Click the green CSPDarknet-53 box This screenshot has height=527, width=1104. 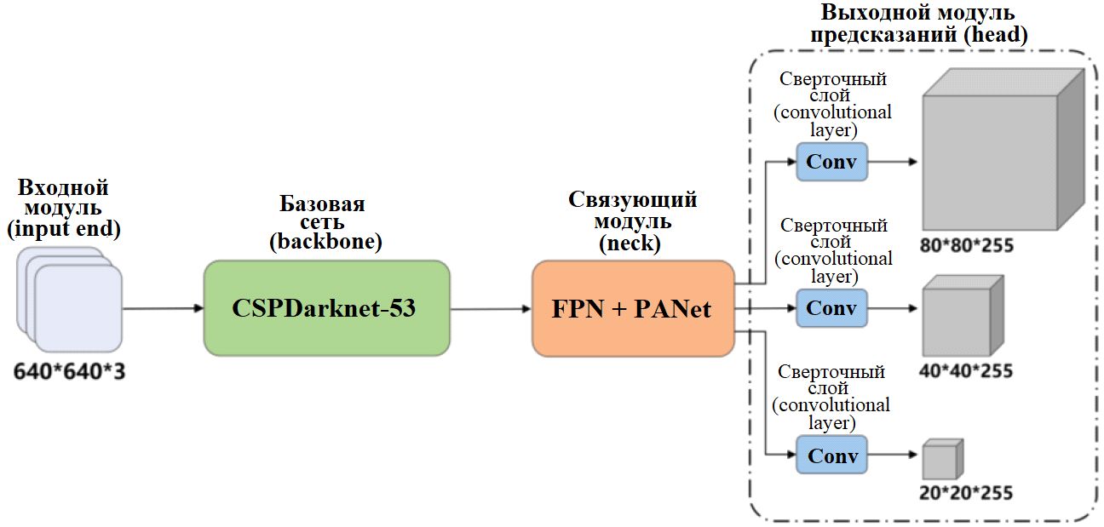(x=326, y=308)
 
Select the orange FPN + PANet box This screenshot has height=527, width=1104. (x=632, y=308)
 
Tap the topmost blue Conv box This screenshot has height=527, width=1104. (x=831, y=162)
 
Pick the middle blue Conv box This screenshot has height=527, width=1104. (x=831, y=308)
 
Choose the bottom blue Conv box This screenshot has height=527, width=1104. (x=831, y=455)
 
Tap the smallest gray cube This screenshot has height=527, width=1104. (x=941, y=460)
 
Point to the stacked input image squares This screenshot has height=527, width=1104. (x=72, y=302)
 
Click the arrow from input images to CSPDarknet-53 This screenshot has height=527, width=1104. (x=162, y=309)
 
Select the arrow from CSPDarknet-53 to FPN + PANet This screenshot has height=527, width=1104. (x=491, y=309)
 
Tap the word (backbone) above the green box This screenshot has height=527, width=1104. (x=325, y=242)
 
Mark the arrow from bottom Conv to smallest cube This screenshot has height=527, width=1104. (x=893, y=455)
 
